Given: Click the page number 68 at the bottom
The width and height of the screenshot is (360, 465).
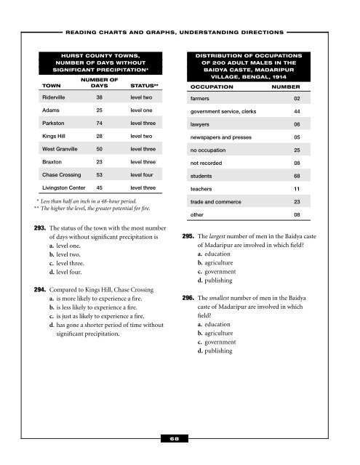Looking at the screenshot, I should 180,439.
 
